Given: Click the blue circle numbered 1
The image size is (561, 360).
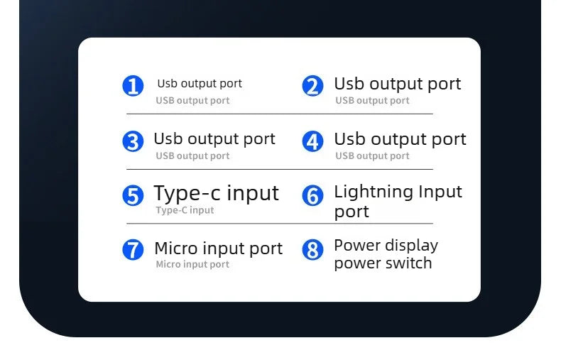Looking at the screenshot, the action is pyautogui.click(x=133, y=86).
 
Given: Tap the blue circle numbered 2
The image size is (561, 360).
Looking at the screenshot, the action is pyautogui.click(x=312, y=86).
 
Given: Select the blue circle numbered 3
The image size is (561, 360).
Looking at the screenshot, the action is pyautogui.click(x=133, y=141).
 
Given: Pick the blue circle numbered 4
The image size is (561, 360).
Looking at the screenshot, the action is pyautogui.click(x=312, y=141).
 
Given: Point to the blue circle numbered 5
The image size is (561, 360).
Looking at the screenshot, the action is pyautogui.click(x=133, y=195).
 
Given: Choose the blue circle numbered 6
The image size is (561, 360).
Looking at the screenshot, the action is pyautogui.click(x=312, y=195).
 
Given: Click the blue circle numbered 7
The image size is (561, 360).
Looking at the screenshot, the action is pyautogui.click(x=133, y=250).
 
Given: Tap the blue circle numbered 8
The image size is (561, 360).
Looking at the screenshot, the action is pyautogui.click(x=312, y=250).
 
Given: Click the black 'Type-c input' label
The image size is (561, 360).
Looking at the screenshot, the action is pyautogui.click(x=216, y=194).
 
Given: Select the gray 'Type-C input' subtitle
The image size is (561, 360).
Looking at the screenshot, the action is pyautogui.click(x=185, y=210).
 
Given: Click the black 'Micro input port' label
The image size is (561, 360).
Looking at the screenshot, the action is pyautogui.click(x=219, y=249).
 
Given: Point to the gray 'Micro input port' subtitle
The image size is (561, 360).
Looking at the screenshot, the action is pyautogui.click(x=192, y=264).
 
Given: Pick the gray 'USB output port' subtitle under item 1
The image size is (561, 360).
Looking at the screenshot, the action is pyautogui.click(x=192, y=101).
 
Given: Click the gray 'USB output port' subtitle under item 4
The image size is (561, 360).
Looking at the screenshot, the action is pyautogui.click(x=372, y=156).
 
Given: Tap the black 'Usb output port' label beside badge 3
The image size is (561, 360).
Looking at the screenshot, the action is pyautogui.click(x=214, y=139).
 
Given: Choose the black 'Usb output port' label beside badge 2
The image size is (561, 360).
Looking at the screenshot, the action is pyautogui.click(x=398, y=84).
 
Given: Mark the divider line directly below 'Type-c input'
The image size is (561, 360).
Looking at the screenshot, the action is pyautogui.click(x=280, y=223).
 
